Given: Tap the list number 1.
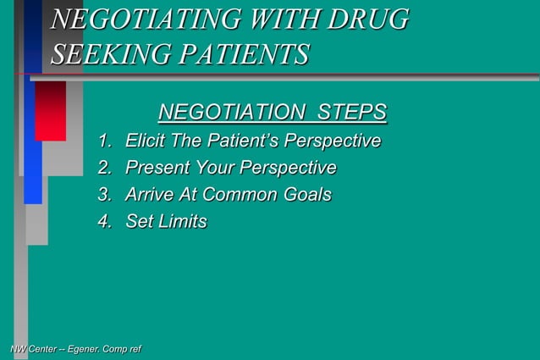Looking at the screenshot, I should pos(105,141).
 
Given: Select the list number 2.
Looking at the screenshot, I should pos(105,168).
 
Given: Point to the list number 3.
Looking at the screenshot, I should pos(105,195).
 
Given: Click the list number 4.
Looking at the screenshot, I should pos(105,222).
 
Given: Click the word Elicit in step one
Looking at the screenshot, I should pos(143,141).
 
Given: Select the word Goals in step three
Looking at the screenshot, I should pos(306,195).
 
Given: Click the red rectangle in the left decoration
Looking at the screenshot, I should pos(51,111).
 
